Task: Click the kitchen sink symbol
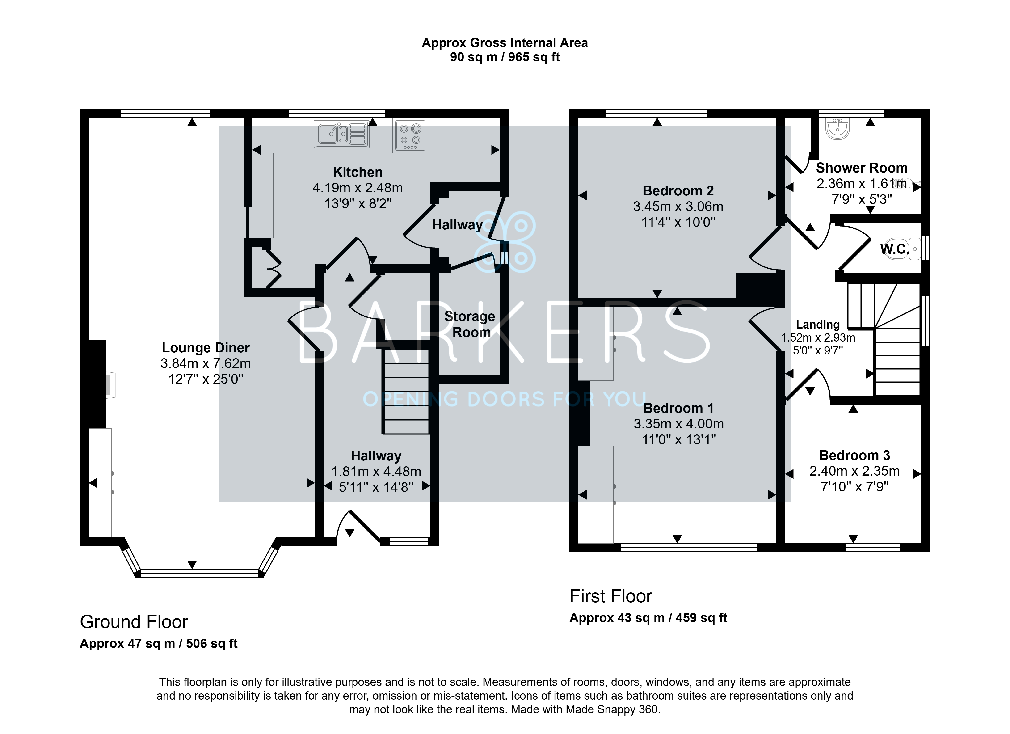click(341, 134)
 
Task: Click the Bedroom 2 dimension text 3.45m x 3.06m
click(678, 207)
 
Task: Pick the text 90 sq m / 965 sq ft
click(505, 57)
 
